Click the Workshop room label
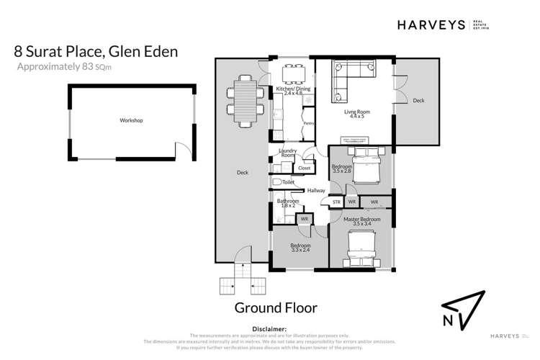(x=132, y=120)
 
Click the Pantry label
(x=308, y=123)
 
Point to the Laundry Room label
(x=288, y=153)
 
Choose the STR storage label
(x=336, y=203)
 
